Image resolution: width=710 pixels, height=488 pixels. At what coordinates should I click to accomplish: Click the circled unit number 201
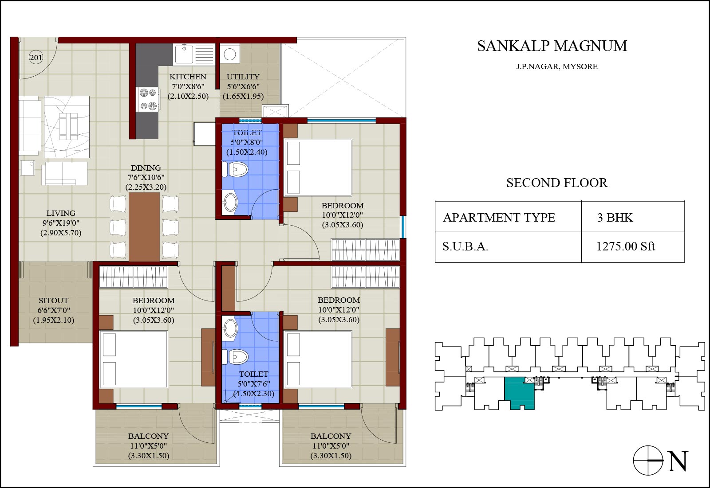pos(36,58)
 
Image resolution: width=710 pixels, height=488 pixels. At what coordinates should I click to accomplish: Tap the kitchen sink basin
pos(184,54)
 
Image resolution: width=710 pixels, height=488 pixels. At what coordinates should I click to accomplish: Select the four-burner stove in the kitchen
pos(148,99)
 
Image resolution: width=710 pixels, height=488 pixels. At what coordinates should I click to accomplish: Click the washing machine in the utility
pos(230,54)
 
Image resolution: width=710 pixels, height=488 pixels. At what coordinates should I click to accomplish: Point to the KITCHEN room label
pos(188,77)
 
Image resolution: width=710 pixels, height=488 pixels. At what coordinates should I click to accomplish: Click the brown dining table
pos(144,227)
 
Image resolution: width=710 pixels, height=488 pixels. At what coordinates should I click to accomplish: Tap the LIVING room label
pos(61,213)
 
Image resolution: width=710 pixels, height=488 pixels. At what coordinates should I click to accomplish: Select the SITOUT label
pos(54,300)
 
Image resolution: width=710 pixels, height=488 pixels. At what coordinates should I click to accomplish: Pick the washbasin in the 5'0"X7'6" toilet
pos(230,328)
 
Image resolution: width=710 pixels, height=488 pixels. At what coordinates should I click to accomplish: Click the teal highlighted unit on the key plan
pos(519,393)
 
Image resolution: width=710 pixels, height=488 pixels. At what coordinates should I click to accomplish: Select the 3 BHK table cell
pos(615,218)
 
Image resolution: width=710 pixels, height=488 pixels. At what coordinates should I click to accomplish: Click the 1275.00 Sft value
pos(625,246)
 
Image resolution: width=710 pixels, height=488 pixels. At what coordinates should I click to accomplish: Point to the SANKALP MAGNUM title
pos(552,46)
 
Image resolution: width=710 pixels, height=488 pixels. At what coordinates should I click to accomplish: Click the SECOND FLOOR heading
pos(557,183)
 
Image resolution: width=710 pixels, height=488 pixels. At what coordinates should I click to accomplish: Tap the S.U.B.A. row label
pos(465,246)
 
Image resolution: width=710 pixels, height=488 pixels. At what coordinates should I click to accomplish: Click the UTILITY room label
pos(243,77)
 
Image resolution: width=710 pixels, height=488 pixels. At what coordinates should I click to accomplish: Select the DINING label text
pos(146,168)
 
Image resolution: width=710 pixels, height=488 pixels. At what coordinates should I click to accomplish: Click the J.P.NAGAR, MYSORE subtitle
pos(557,66)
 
